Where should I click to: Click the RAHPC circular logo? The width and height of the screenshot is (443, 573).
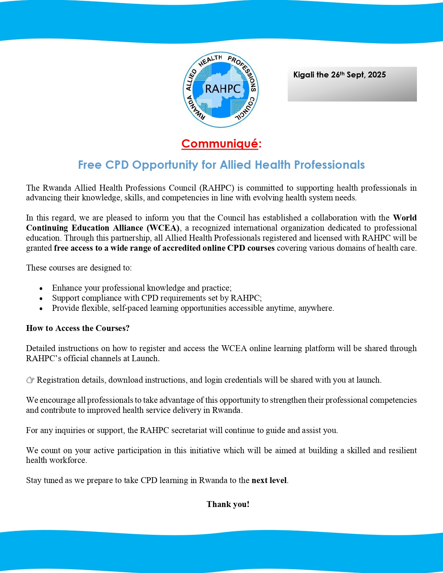click(221, 90)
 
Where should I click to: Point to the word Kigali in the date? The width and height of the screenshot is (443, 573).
click(304, 75)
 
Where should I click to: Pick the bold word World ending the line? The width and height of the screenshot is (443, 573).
click(405, 218)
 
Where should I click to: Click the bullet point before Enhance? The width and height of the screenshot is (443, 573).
click(41, 289)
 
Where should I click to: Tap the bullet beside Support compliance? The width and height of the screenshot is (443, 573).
click(41, 299)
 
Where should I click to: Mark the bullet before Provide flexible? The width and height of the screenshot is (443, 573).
click(41, 309)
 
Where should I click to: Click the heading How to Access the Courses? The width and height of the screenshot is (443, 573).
click(78, 328)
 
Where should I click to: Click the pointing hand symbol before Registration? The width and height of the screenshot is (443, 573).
click(30, 380)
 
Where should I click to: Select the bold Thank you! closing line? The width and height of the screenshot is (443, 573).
click(228, 504)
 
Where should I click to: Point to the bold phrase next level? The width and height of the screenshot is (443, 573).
click(269, 480)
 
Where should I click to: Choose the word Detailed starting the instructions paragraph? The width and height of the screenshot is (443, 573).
click(41, 348)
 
